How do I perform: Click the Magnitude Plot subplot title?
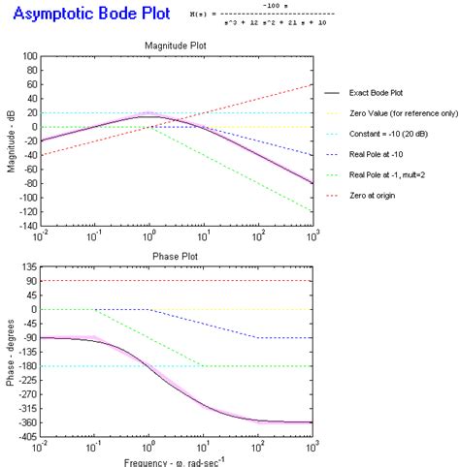tap(175, 47)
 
